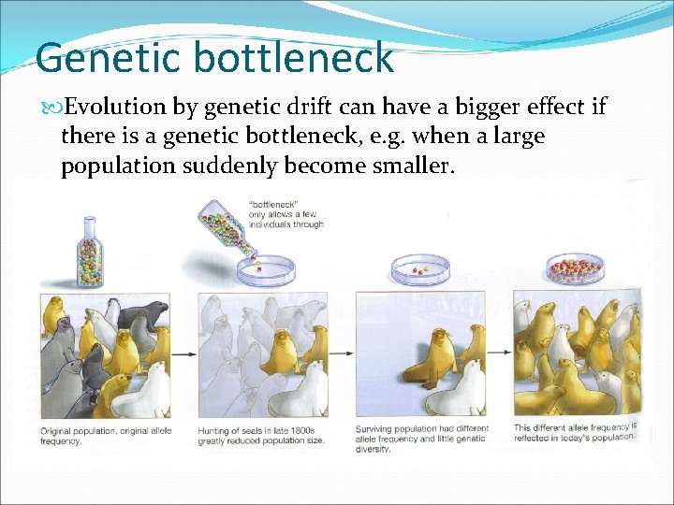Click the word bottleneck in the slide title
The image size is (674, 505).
pos(295,57)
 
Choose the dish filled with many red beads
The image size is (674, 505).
pos(575,269)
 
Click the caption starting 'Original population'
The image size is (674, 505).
pos(105,434)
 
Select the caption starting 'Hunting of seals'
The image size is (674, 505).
pos(261,434)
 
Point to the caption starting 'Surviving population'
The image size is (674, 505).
pos(421,438)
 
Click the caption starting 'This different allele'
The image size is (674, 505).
pos(575,433)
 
